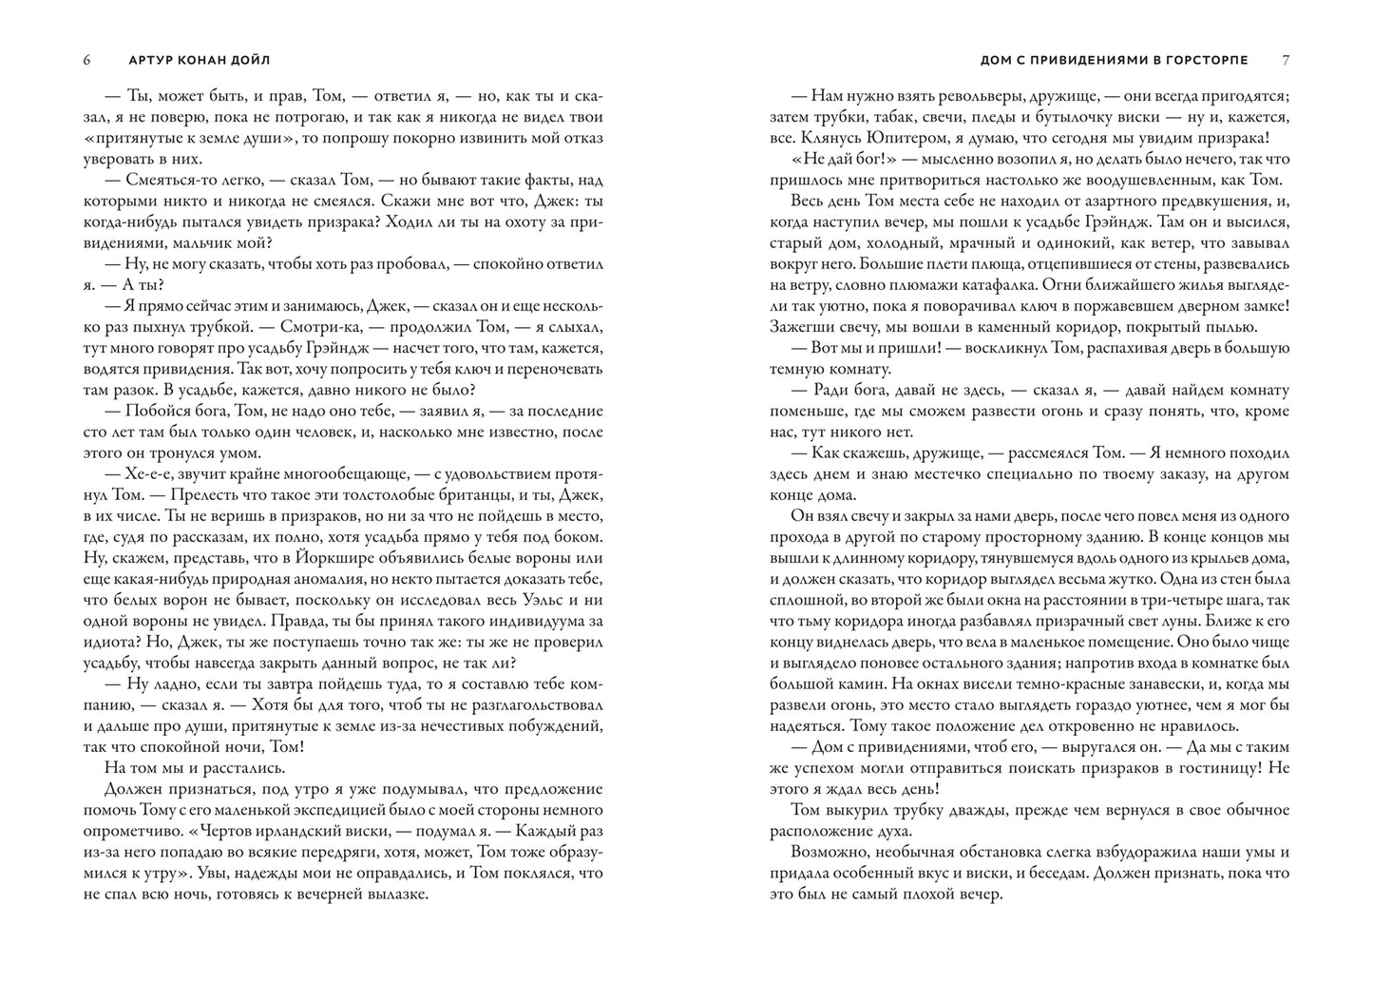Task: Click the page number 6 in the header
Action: (86, 60)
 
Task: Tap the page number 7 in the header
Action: (1286, 60)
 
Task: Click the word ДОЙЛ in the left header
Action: (251, 60)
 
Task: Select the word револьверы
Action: (960, 96)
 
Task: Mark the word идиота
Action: (105, 643)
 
